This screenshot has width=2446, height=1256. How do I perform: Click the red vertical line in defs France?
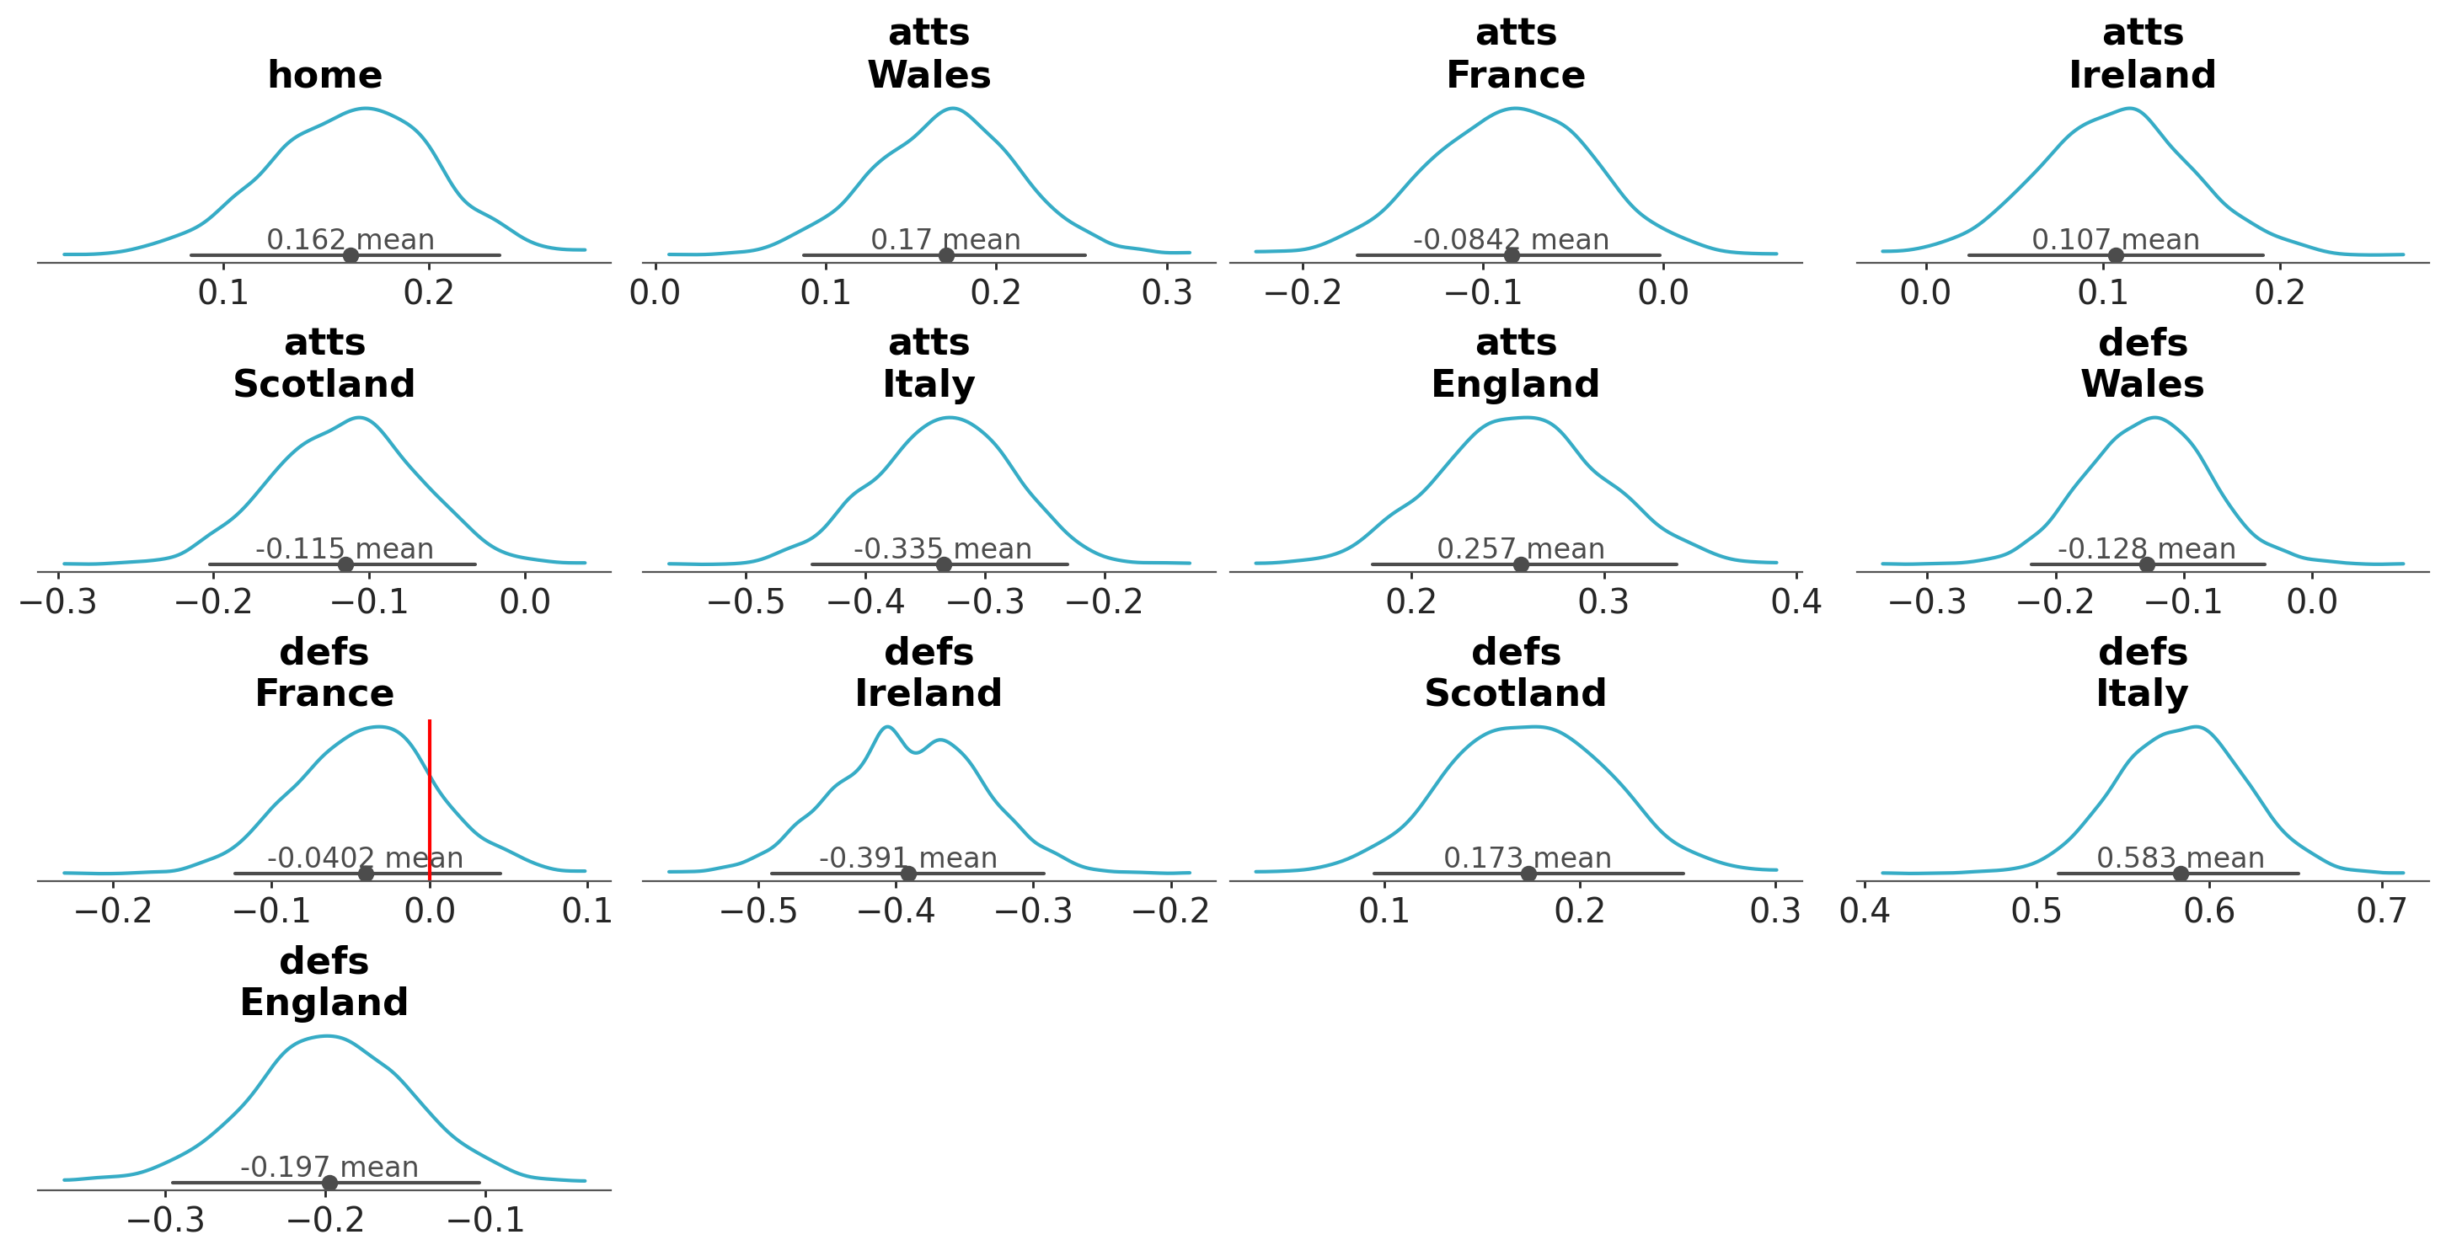(429, 798)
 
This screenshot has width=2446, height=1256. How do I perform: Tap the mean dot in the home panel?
(351, 254)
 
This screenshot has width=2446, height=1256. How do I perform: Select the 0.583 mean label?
(2180, 858)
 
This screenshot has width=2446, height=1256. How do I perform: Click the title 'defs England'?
(324, 981)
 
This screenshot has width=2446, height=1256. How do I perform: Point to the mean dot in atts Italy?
(944, 564)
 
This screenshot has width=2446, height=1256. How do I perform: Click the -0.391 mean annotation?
(907, 858)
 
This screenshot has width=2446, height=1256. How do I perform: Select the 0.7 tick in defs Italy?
(2381, 911)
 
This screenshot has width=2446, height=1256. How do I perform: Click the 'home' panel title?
(324, 75)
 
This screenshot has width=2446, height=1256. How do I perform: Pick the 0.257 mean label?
(1520, 548)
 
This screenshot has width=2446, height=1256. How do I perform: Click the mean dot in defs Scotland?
(1528, 874)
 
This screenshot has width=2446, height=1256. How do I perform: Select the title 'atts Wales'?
(929, 54)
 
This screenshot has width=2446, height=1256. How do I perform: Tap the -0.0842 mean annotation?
(1511, 239)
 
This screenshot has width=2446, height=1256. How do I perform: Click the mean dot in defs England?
(329, 1182)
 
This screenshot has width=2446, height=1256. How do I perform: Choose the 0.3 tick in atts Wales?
(1167, 292)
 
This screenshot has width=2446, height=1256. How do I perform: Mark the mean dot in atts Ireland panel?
(2116, 254)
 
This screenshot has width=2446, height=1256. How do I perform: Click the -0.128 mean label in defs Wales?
(2146, 548)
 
